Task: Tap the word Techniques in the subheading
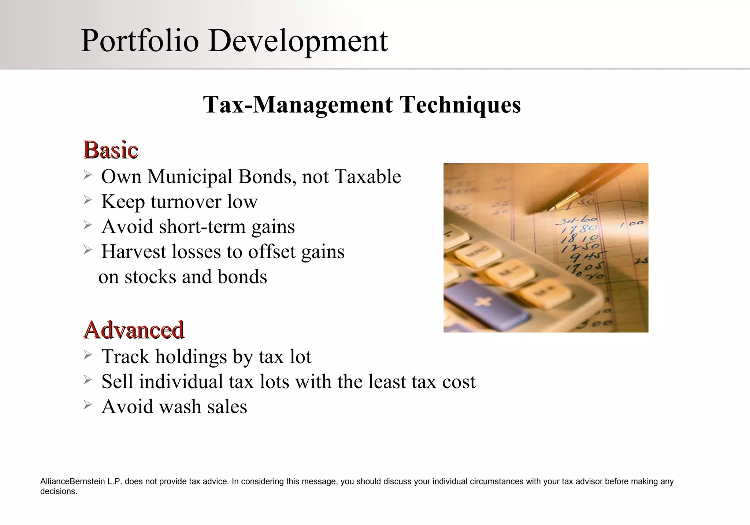click(x=460, y=105)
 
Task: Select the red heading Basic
click(x=111, y=150)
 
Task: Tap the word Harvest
click(x=134, y=252)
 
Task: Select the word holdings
click(x=191, y=356)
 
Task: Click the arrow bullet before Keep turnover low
click(x=87, y=200)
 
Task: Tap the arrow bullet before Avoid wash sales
click(x=87, y=405)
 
